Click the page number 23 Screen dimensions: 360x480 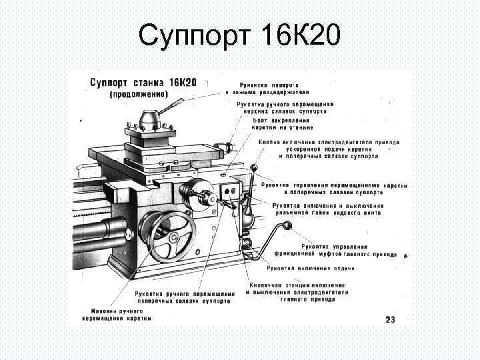(x=390, y=320)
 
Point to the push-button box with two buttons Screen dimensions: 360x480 (x=231, y=191)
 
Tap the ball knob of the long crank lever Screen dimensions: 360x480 (x=289, y=227)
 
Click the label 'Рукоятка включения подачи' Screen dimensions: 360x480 (x=311, y=268)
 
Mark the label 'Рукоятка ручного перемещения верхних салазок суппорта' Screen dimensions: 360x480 (x=285, y=108)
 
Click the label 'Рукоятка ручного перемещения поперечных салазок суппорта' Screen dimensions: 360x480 (x=183, y=297)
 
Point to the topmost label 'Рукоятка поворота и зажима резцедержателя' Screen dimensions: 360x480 (x=269, y=88)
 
